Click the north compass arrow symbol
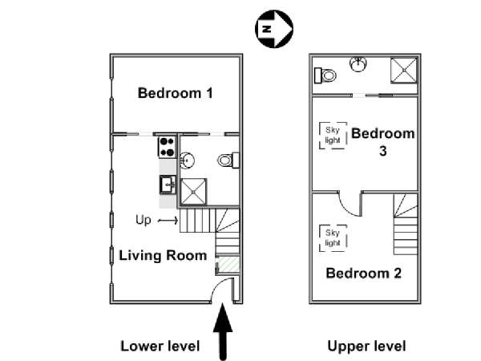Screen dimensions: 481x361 274,29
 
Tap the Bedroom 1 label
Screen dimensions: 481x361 175,93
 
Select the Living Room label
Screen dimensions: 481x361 163,256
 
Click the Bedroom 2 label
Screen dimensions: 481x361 363,274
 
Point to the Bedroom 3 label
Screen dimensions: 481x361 383,142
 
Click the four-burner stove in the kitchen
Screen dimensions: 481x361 168,148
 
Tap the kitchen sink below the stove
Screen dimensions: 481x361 168,185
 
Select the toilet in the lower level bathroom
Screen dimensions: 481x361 228,160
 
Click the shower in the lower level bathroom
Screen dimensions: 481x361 193,192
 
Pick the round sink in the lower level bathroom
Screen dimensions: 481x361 187,160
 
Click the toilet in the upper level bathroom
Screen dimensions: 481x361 325,75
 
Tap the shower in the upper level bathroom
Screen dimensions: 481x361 404,71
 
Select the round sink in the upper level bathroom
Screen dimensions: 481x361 358,64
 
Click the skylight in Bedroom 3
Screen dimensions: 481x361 333,136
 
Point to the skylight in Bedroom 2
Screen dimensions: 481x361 333,238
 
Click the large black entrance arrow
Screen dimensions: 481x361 223,331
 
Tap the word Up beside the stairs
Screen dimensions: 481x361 143,220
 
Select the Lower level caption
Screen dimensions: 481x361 160,346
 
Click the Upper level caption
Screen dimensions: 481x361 367,347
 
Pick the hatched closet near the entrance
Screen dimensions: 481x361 228,264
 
